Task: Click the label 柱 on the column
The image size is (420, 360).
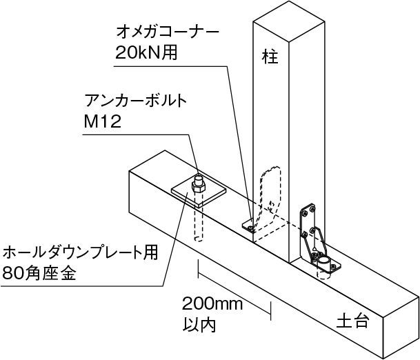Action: [270, 55]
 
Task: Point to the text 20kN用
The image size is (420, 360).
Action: [146, 54]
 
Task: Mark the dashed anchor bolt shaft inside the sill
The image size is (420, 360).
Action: [198, 221]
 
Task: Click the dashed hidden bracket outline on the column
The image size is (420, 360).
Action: [268, 190]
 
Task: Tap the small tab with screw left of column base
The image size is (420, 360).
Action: [247, 223]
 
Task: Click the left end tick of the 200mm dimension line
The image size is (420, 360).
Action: [199, 270]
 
